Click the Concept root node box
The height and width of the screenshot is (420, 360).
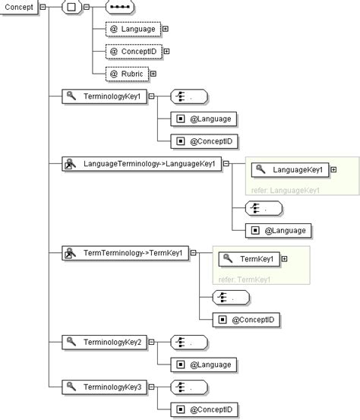click(18, 7)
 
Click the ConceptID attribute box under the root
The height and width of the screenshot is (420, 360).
click(133, 52)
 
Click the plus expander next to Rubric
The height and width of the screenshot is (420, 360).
click(153, 74)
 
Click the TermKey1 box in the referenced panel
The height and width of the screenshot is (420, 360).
click(249, 259)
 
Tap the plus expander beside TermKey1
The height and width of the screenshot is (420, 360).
click(285, 259)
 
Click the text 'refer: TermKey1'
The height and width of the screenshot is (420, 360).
click(245, 279)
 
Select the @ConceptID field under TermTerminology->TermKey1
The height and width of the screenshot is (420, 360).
click(248, 320)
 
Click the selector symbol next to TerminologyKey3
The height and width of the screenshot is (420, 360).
click(189, 387)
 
